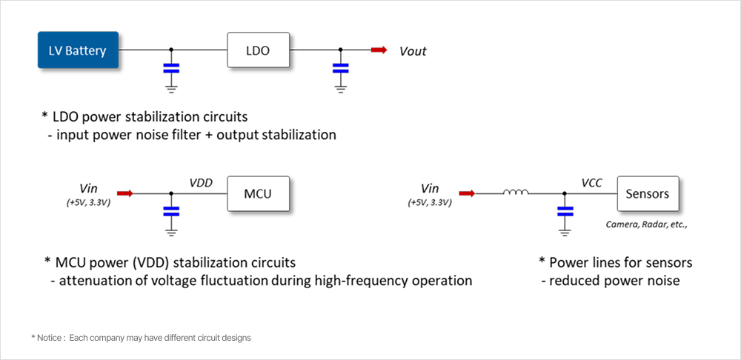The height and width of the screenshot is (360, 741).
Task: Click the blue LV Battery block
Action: click(x=78, y=50)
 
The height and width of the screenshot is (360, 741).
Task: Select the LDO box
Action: click(x=258, y=50)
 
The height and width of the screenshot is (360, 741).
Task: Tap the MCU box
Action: click(x=258, y=194)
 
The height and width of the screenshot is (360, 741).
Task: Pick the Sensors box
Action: click(x=647, y=194)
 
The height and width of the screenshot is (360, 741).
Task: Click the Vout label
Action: click(x=413, y=51)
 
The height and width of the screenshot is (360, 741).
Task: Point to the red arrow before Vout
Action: click(x=379, y=50)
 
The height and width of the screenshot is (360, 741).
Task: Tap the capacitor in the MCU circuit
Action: click(x=171, y=211)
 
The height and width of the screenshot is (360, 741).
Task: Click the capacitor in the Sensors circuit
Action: click(x=565, y=212)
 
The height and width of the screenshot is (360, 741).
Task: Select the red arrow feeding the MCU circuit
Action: click(x=125, y=194)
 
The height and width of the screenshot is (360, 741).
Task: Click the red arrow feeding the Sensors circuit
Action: click(x=468, y=194)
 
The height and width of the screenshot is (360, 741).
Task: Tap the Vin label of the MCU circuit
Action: click(x=88, y=188)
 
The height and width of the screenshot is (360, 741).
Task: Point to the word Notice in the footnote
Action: click(x=50, y=338)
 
